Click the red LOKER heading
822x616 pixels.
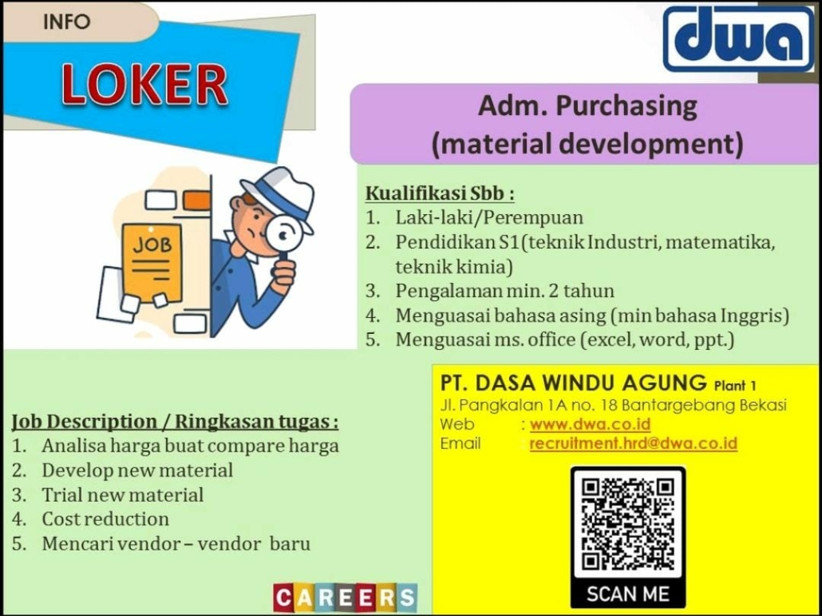pos(144,85)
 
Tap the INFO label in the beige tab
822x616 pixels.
pos(66,22)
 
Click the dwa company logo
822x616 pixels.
pos(739,39)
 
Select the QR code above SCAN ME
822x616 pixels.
pos(628,523)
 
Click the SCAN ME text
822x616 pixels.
pos(628,594)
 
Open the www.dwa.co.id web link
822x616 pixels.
pos(590,423)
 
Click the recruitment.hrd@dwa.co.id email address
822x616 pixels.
pos(634,443)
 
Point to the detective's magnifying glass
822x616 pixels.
pos(283,236)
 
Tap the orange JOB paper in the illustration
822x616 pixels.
pos(152,263)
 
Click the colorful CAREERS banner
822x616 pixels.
pos(346,598)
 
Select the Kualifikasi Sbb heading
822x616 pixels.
pos(440,193)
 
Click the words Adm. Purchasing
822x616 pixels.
pos(587,105)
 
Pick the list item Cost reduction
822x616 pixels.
pos(105,519)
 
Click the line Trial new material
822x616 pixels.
pos(123,495)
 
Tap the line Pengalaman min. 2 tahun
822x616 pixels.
pos(505,290)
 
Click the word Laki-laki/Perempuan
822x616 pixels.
pos(489,217)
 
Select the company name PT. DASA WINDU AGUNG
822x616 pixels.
pos(574,383)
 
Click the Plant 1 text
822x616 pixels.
pos(735,386)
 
